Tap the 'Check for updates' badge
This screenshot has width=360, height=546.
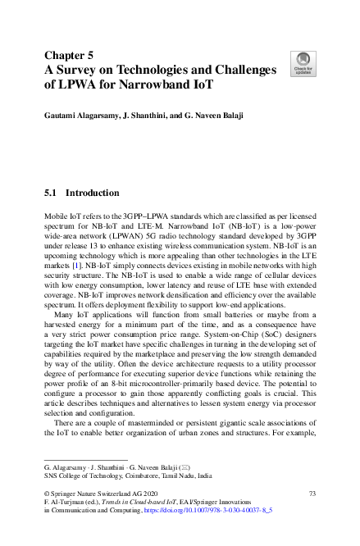pyautogui.click(x=301, y=62)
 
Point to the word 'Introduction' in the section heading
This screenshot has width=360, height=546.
pyautogui.click(x=93, y=193)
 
